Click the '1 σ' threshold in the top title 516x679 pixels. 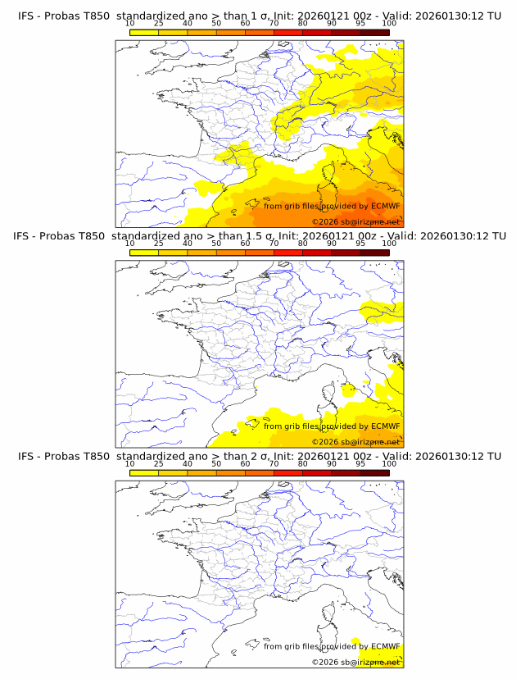[x=255, y=16]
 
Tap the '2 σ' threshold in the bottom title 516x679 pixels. [x=255, y=456]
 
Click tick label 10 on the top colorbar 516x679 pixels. [x=129, y=23]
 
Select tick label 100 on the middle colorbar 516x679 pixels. [x=389, y=244]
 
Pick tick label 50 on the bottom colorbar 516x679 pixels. [x=216, y=463]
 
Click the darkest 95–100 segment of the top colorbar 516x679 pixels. [x=374, y=33]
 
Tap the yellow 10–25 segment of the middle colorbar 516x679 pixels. [x=143, y=253]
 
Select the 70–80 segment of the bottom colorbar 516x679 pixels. [x=287, y=473]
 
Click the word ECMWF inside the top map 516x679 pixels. [x=385, y=206]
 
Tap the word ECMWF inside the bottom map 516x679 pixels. [x=385, y=646]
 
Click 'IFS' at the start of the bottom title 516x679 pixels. [x=26, y=456]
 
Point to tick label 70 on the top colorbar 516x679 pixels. [x=274, y=23]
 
